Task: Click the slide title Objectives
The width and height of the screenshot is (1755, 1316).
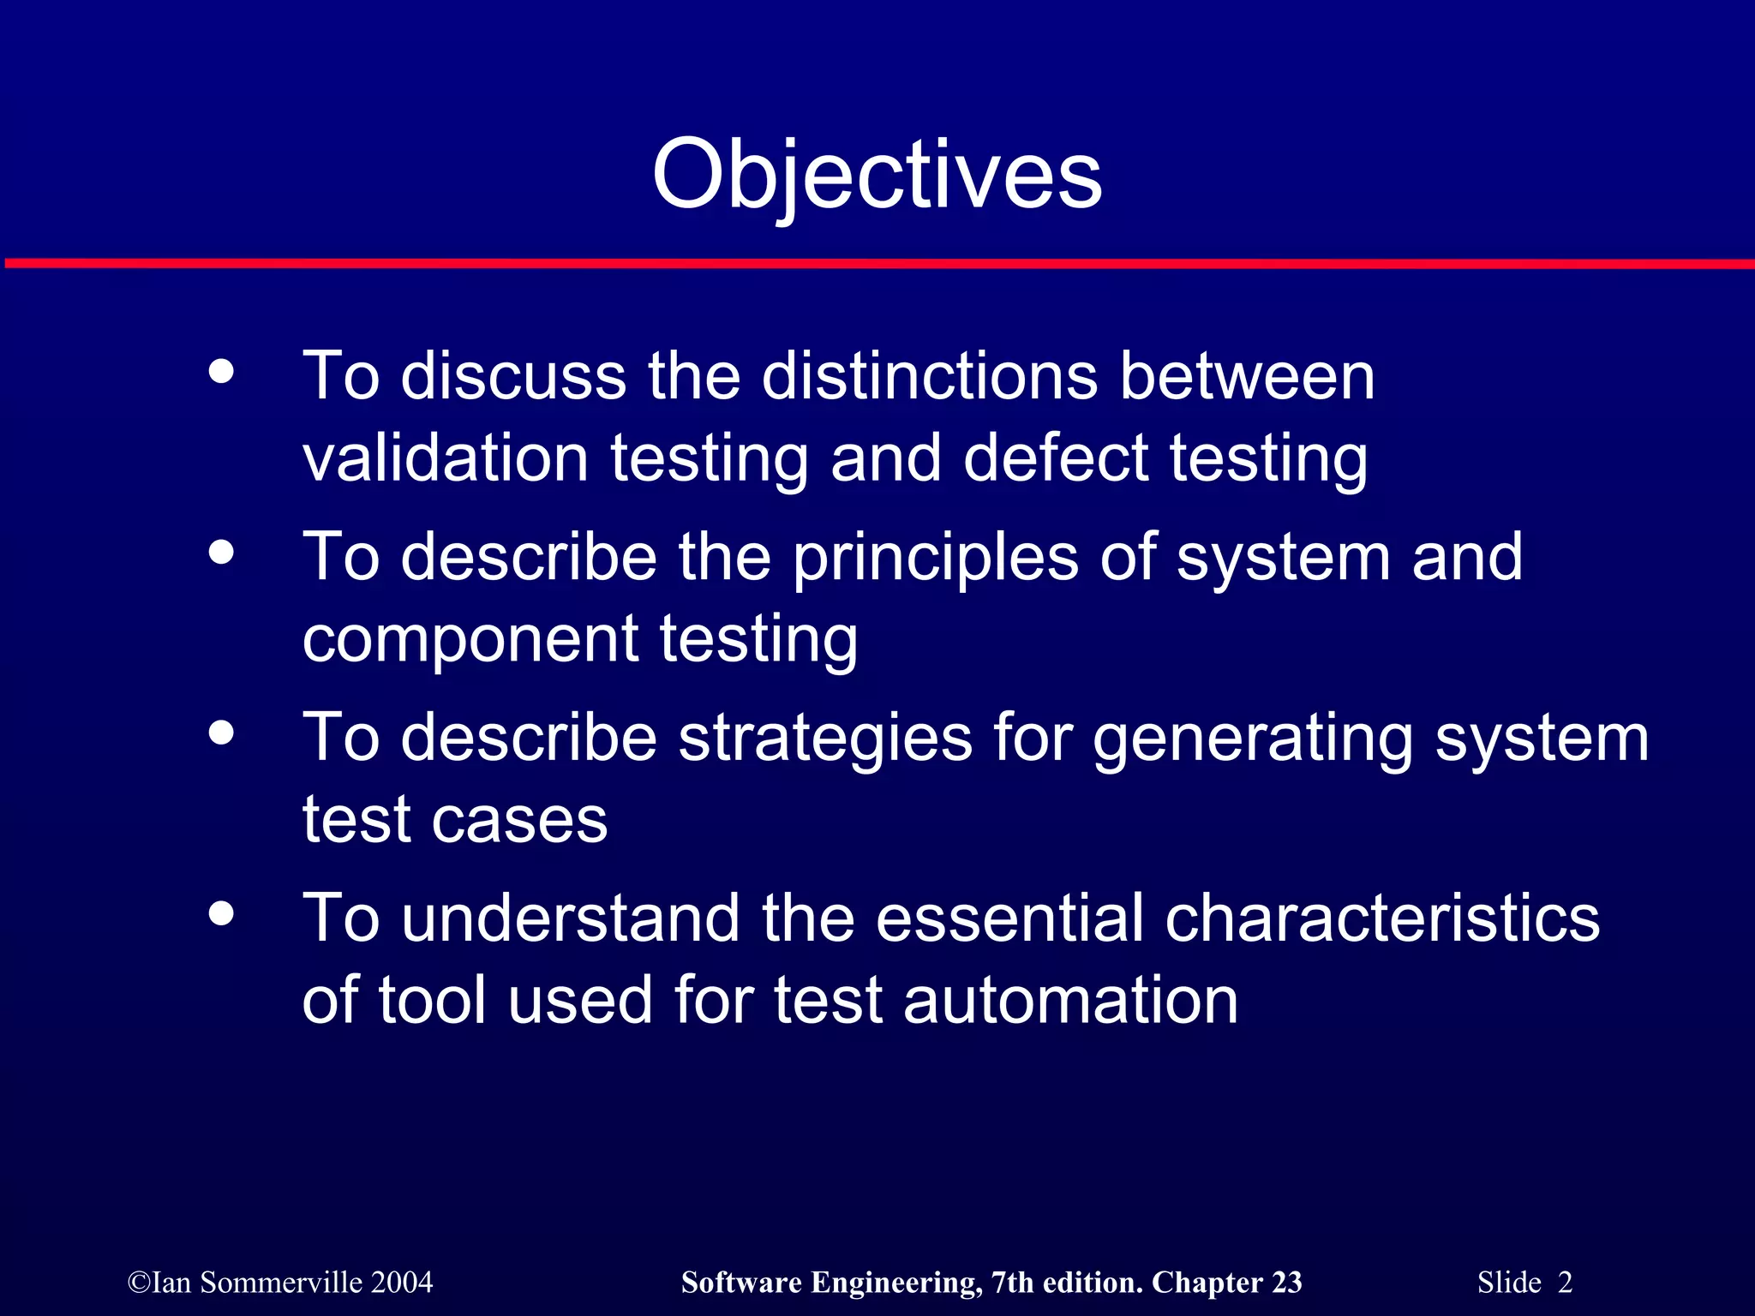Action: pyautogui.click(x=877, y=176)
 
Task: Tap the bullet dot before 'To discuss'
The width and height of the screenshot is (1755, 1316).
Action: pyautogui.click(x=221, y=372)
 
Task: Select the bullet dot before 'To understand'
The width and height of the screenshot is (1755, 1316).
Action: pyautogui.click(x=221, y=913)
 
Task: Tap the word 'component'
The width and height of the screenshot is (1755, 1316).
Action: pyautogui.click(x=470, y=639)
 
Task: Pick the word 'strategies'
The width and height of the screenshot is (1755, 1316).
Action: pyautogui.click(x=825, y=739)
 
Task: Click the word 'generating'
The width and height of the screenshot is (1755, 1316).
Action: pyautogui.click(x=1252, y=739)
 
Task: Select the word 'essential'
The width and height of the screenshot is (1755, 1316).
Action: pyautogui.click(x=1009, y=918)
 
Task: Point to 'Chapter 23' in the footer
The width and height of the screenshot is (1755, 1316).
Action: pyautogui.click(x=1226, y=1283)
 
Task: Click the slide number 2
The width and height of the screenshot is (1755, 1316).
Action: pyautogui.click(x=1565, y=1283)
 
